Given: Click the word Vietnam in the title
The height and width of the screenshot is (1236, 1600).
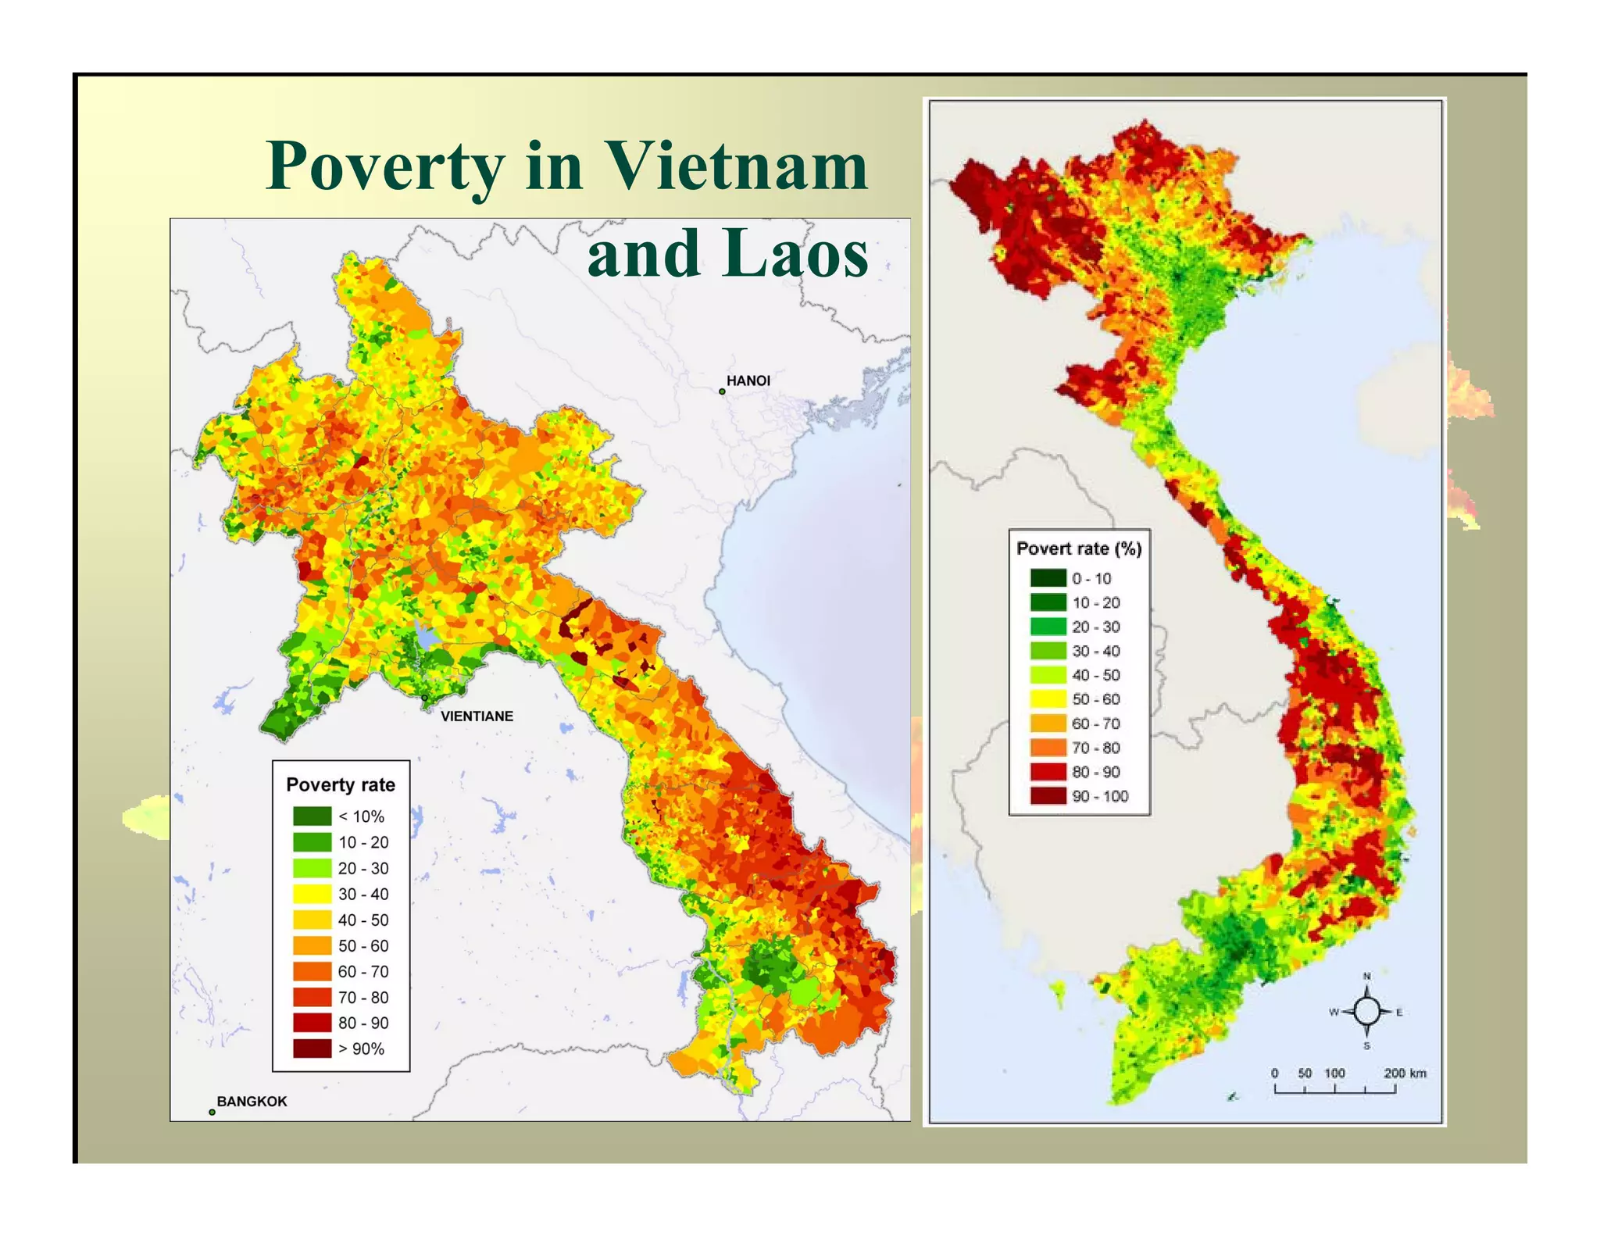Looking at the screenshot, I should pos(736,166).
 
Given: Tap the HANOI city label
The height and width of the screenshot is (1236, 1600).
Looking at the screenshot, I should pos(748,380).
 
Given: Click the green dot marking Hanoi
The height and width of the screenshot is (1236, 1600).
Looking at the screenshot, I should pos(722,391).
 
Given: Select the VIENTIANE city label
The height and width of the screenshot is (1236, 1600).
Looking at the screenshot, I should pos(477,716).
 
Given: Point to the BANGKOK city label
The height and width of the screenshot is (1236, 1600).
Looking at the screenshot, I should pos(252,1101).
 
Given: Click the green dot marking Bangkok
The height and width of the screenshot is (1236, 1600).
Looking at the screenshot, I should pos(212,1112).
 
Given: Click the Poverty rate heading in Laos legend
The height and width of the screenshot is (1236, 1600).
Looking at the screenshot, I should pos(341,784).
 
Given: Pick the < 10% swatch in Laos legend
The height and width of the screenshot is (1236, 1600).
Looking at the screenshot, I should pos(312,816).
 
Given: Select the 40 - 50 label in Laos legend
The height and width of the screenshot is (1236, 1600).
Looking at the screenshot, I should pos(362,920).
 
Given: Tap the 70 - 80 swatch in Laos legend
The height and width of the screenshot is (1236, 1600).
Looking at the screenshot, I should pos(312,997).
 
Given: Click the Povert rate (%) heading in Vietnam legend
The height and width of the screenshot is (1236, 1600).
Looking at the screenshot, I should pos(1079,548).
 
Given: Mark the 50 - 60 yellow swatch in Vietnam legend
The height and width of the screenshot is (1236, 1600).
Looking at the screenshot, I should pos(1048,699).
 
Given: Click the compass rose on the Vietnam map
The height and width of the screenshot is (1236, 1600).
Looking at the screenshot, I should pos(1366,1012).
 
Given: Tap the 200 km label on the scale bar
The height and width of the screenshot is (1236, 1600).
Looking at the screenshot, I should pos(1405,1073).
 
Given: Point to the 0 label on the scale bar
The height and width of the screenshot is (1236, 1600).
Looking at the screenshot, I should pos(1274,1073).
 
